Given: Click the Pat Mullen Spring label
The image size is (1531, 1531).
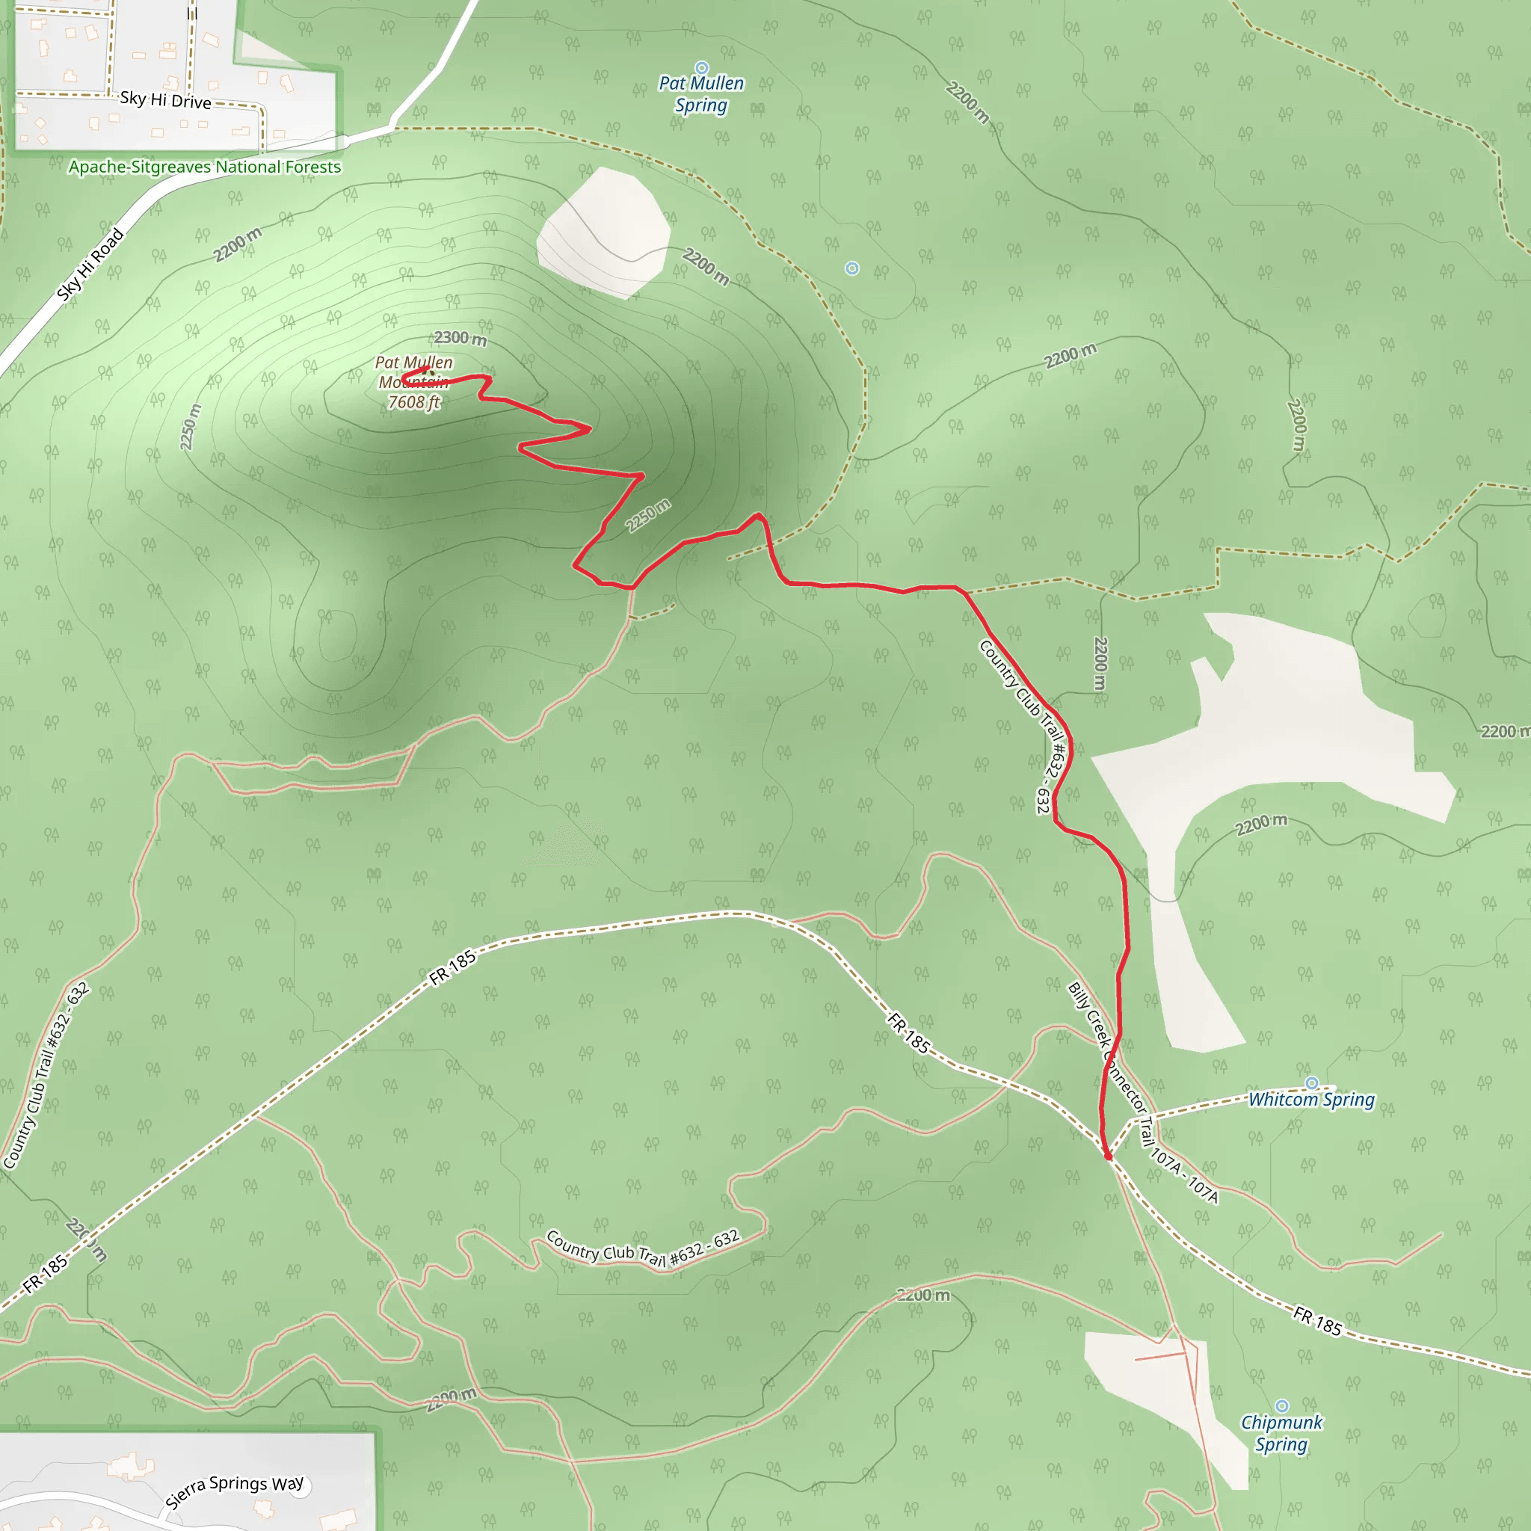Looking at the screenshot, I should point(701,94).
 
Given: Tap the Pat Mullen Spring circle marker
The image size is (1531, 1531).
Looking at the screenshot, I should point(701,68).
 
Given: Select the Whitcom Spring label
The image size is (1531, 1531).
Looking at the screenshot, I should point(1311,1100).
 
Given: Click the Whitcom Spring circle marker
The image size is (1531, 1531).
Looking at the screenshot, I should point(1311,1083).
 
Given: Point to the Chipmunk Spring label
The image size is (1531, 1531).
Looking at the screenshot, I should point(1281,1434).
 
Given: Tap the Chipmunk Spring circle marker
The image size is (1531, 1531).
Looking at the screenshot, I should point(1281,1407).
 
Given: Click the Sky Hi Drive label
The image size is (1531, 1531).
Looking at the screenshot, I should point(166,101).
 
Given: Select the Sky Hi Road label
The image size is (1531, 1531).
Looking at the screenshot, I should point(90,265).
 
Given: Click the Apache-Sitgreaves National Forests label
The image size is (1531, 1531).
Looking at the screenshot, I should point(204,167).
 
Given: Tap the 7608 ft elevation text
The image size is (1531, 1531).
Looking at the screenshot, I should point(413,403).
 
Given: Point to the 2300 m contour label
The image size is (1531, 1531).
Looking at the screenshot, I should point(460,339).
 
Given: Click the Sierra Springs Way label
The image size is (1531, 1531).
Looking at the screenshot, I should point(235,1491).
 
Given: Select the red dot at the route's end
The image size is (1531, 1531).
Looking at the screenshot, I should point(1108,1156).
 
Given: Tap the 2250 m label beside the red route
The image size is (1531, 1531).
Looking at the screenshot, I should point(647,517).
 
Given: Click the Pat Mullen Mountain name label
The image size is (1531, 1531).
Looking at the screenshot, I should point(413,372).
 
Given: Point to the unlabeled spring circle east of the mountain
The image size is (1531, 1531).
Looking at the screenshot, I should point(852,268).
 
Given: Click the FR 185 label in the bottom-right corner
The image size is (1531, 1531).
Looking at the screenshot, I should point(1317,1321).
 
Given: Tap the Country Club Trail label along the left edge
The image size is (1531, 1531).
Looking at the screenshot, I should point(46,1076).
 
